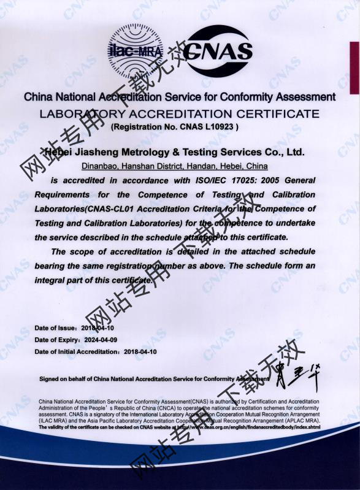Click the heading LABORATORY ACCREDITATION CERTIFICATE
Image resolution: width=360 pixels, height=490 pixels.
click(x=179, y=113)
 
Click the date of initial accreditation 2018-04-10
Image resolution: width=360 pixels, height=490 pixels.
click(x=140, y=352)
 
